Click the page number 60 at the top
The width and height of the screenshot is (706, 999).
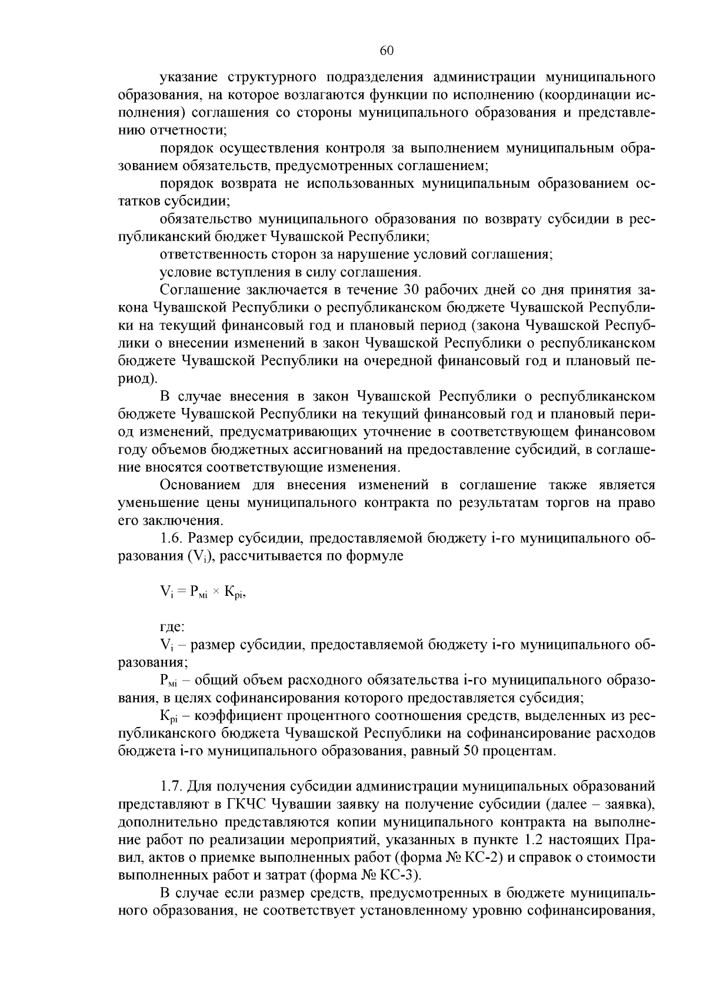pos(387,51)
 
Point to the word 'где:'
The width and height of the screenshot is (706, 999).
pos(172,628)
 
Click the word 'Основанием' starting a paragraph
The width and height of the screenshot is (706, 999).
pos(200,485)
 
